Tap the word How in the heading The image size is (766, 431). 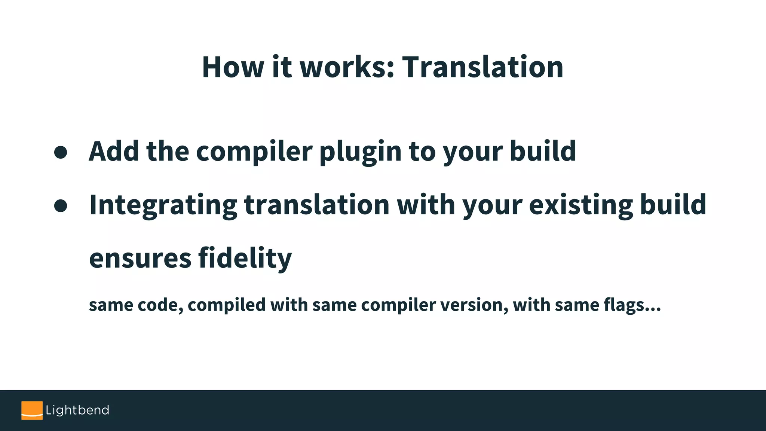click(233, 67)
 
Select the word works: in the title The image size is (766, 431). click(347, 67)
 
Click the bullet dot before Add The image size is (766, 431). click(61, 152)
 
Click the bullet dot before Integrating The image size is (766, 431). click(61, 205)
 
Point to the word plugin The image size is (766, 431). click(360, 152)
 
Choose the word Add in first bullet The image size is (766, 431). click(114, 151)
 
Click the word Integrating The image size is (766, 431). click(163, 205)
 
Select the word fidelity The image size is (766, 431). click(245, 259)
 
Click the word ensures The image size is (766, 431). click(140, 259)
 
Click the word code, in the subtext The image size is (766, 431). click(160, 305)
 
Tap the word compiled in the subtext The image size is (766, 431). click(227, 305)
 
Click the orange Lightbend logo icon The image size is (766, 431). click(32, 410)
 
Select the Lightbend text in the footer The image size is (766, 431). click(77, 410)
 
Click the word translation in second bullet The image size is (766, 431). click(317, 205)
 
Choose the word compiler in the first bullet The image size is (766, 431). click(254, 152)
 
